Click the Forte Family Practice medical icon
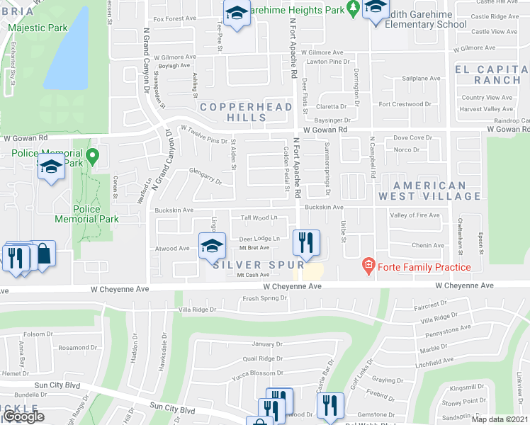tap(368, 267)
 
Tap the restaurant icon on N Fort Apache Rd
tap(306, 242)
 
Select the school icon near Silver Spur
tap(212, 245)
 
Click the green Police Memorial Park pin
tap(91, 154)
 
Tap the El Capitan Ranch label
tap(492, 74)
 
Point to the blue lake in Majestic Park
tap(68, 50)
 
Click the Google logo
tap(23, 416)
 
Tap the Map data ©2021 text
tap(500, 419)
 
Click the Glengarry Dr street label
tap(205, 176)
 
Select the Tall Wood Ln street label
tap(259, 217)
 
